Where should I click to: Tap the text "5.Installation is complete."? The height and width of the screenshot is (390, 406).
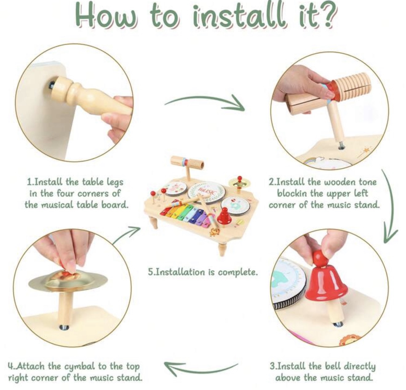click(x=203, y=272)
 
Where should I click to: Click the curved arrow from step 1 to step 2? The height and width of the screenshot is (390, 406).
click(x=205, y=98)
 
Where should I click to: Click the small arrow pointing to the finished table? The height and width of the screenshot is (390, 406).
click(x=126, y=235)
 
